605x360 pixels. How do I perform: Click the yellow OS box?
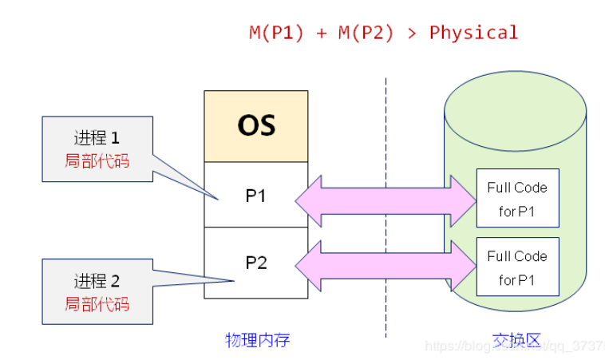(255, 126)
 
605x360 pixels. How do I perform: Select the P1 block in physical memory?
(255, 195)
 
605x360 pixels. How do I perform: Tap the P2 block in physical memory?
(255, 263)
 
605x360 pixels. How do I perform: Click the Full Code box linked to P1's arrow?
(517, 199)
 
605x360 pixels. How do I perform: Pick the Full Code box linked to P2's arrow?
(517, 267)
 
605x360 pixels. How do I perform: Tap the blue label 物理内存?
(257, 340)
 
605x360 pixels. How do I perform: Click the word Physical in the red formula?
(473, 33)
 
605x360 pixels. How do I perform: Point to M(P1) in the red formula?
(276, 33)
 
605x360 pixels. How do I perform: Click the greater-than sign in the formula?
(413, 34)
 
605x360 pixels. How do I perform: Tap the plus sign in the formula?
(321, 34)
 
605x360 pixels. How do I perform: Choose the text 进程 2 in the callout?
(97, 281)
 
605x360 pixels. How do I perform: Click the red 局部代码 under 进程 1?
(97, 160)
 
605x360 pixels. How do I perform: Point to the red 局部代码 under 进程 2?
(97, 303)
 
